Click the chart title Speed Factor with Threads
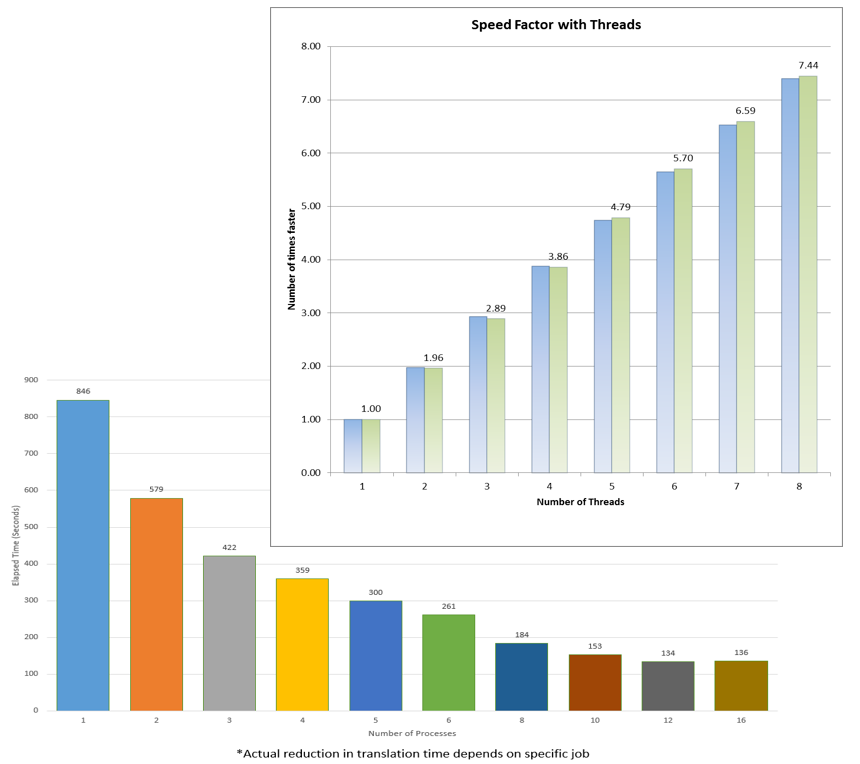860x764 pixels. click(556, 24)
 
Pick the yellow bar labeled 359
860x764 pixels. click(302, 644)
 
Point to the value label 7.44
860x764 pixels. click(808, 65)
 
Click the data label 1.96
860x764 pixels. click(433, 357)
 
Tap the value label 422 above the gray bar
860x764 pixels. click(229, 547)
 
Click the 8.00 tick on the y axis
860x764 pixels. click(310, 47)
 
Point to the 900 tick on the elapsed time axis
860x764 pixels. click(31, 380)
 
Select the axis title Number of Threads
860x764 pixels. click(579, 502)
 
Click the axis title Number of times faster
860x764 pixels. click(293, 260)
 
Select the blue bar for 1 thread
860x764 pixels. click(353, 446)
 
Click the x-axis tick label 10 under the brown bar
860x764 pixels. click(594, 720)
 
